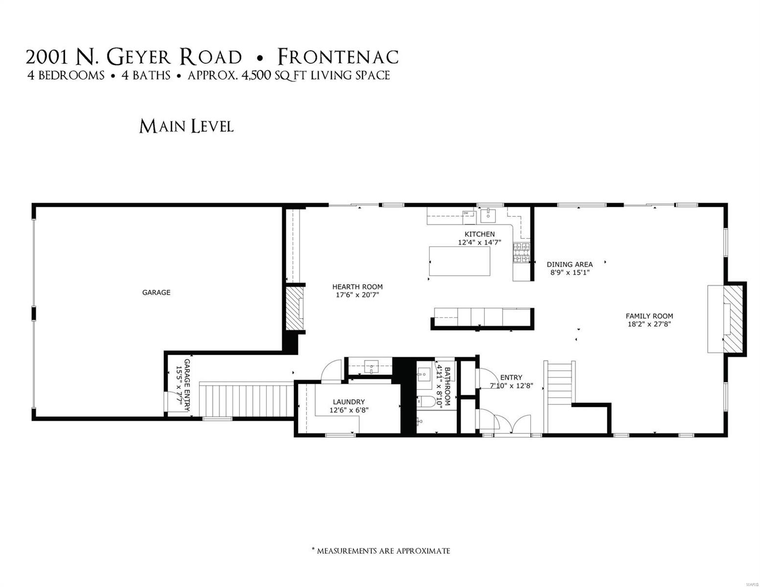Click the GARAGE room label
[156, 293]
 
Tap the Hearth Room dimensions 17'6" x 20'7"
[357, 295]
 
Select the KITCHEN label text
[479, 234]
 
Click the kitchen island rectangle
[460, 261]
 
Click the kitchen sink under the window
[488, 214]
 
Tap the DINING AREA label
[570, 265]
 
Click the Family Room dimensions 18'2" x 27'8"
[649, 324]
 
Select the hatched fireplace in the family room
[734, 318]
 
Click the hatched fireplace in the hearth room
[295, 309]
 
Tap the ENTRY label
[511, 378]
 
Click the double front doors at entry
[512, 424]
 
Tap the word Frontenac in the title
[338, 57]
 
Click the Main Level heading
[186, 127]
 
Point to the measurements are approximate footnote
[381, 551]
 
